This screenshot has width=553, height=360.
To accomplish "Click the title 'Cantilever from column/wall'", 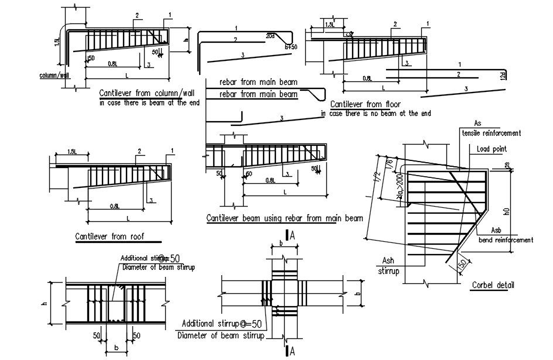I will (146, 93).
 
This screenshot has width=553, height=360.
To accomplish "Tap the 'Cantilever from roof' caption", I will (110, 237).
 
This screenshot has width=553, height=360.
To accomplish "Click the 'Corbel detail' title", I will (493, 285).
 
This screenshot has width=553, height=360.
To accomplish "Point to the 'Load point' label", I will (491, 149).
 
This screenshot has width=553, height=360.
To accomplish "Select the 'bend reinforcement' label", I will (506, 240).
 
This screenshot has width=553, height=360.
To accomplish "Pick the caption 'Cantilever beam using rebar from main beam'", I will (285, 218).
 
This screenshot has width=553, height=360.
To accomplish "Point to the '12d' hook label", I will (502, 75).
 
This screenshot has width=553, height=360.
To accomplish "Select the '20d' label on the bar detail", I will (270, 36).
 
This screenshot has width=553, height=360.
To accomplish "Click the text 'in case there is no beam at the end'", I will (376, 114).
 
